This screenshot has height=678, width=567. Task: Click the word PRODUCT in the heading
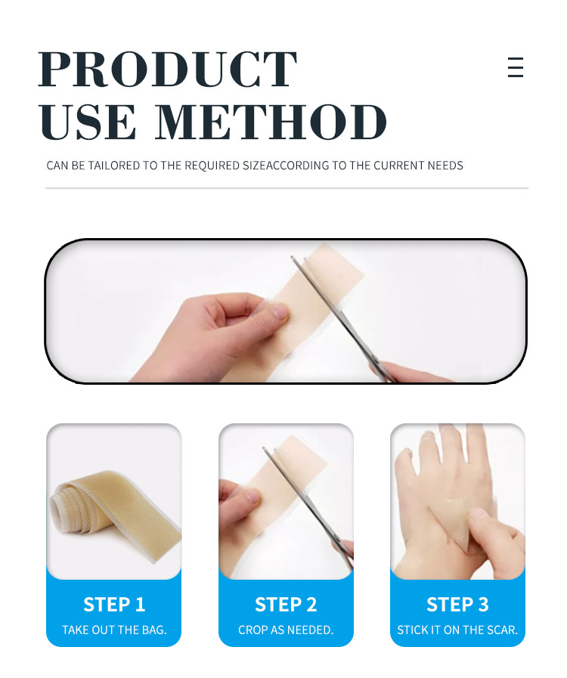coord(168,70)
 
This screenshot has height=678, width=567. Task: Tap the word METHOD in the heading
coord(271,122)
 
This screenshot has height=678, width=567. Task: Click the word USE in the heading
coord(88,122)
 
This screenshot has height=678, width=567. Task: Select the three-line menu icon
coord(516,67)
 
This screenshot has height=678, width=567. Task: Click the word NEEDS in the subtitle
coord(445,166)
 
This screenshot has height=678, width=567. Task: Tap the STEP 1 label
coord(114,605)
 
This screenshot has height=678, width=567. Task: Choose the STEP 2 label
coord(286,605)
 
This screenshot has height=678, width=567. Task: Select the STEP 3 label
coord(457,605)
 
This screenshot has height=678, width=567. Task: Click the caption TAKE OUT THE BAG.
coord(114,630)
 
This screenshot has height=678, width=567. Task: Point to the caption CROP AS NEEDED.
coord(286,630)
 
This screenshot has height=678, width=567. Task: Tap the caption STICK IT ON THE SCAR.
coord(457,630)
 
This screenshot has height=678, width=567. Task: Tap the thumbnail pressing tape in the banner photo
coord(277,311)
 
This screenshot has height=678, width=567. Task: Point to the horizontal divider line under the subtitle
coord(287,188)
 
